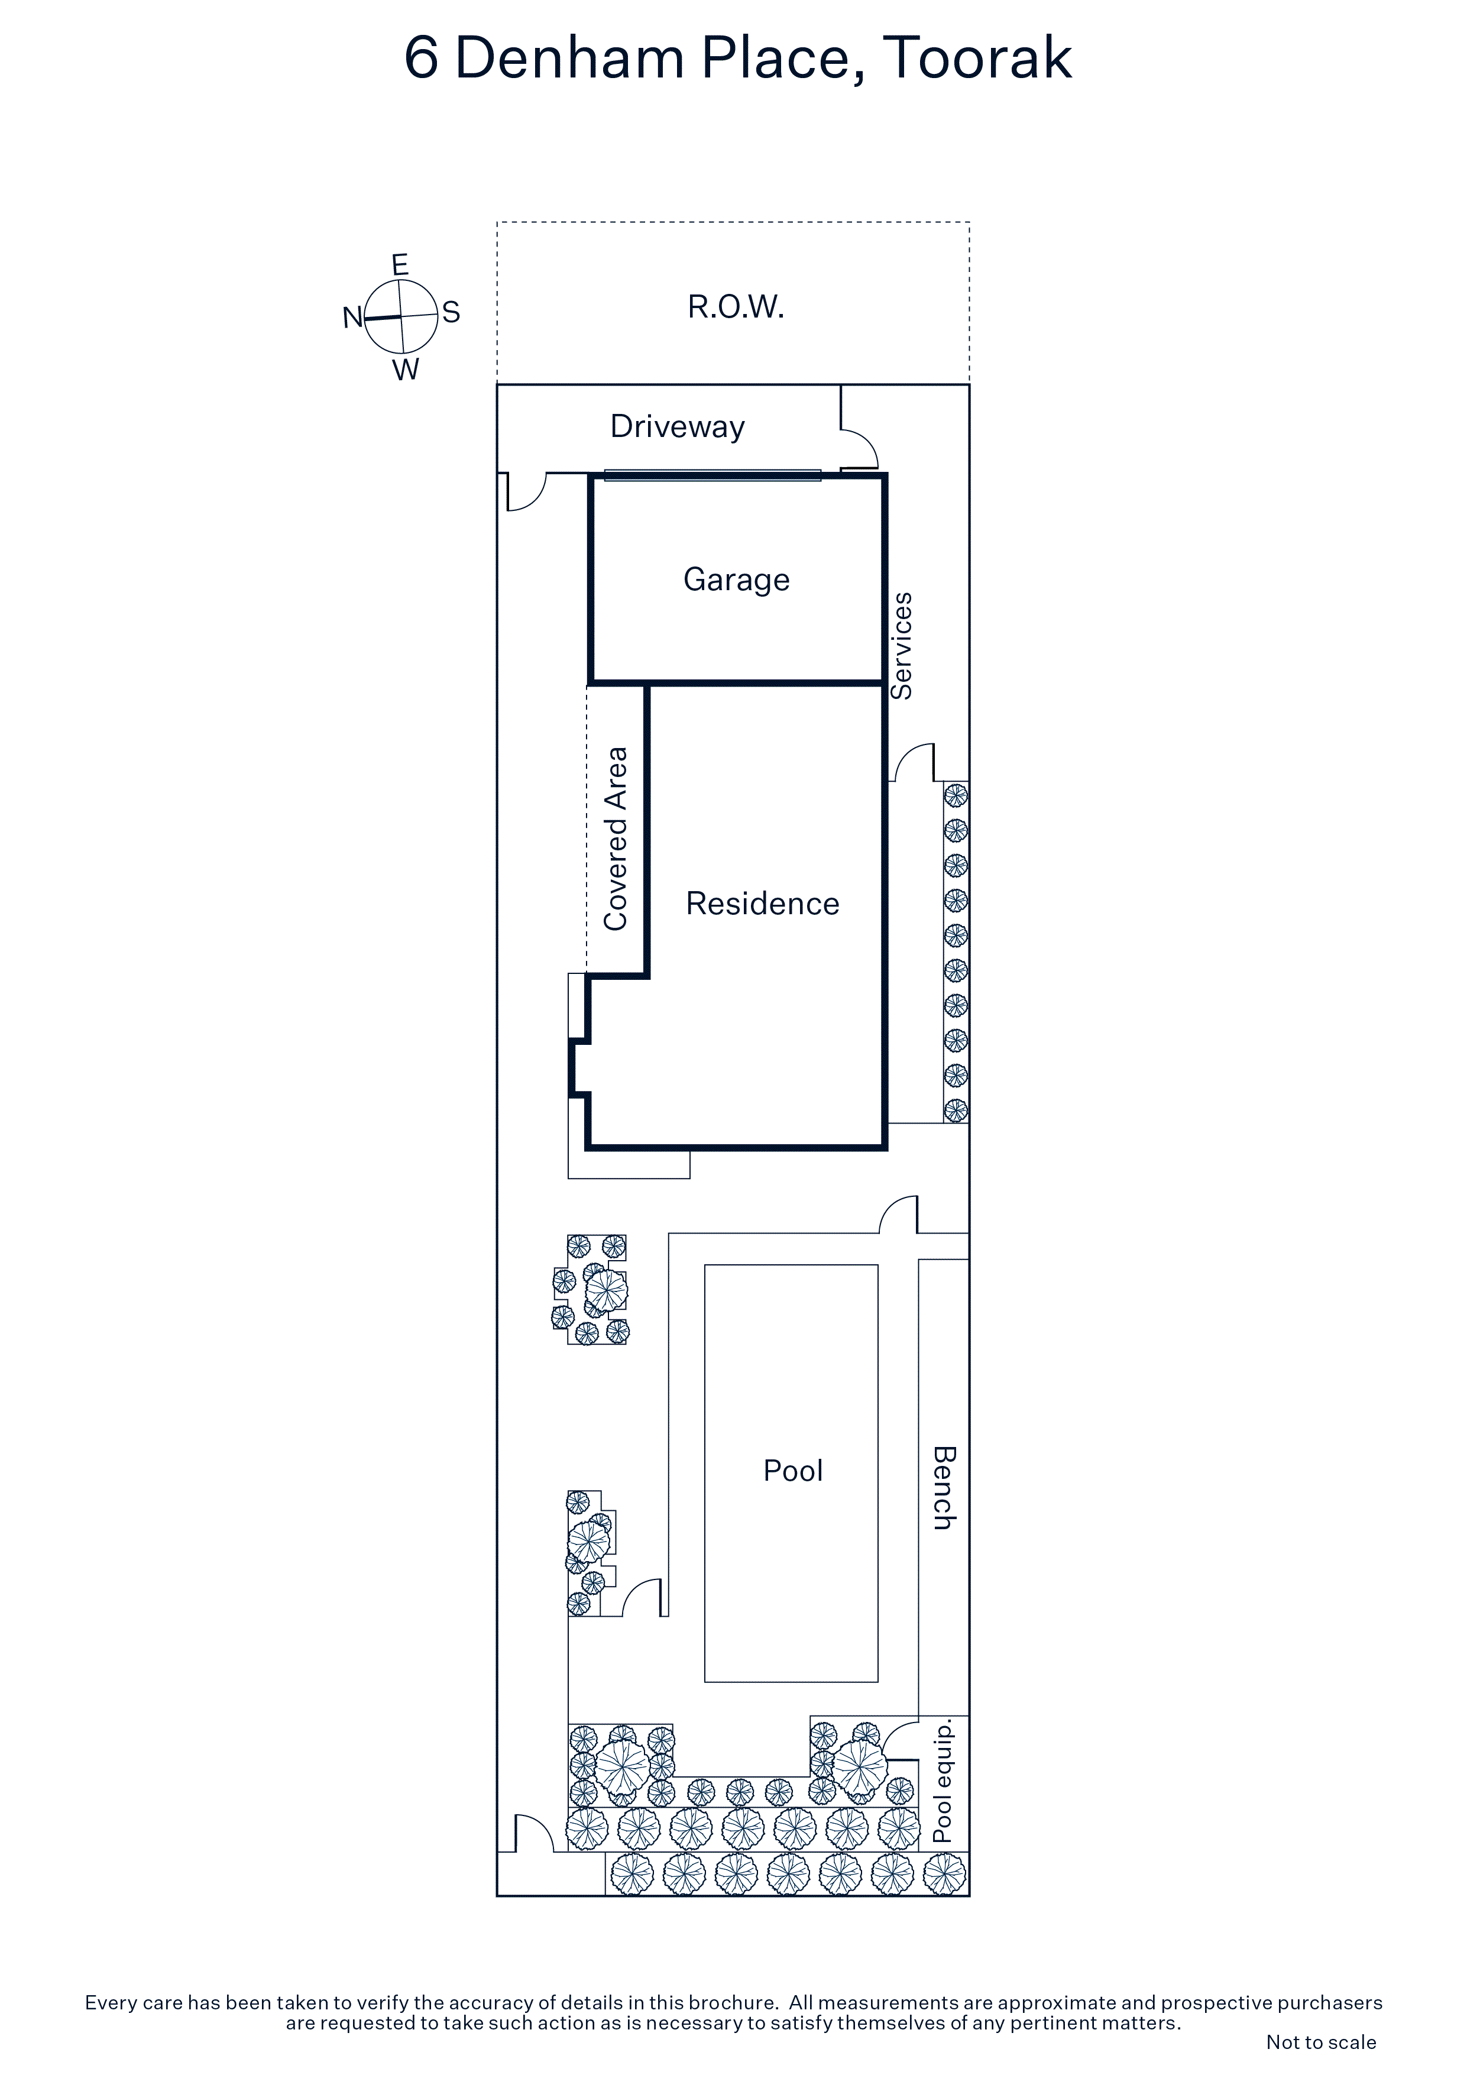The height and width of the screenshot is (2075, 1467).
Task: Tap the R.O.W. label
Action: (736, 307)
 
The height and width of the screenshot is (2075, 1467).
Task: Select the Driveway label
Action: (677, 426)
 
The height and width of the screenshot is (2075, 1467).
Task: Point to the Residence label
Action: (763, 904)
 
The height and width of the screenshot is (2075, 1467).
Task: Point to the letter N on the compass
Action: (352, 317)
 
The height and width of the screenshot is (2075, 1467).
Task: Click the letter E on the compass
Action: (400, 265)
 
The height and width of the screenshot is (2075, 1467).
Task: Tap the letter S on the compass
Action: (451, 313)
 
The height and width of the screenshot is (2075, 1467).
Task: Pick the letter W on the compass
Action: (406, 370)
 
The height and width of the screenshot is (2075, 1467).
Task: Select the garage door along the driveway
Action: (713, 475)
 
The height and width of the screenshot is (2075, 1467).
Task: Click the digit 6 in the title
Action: (421, 59)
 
